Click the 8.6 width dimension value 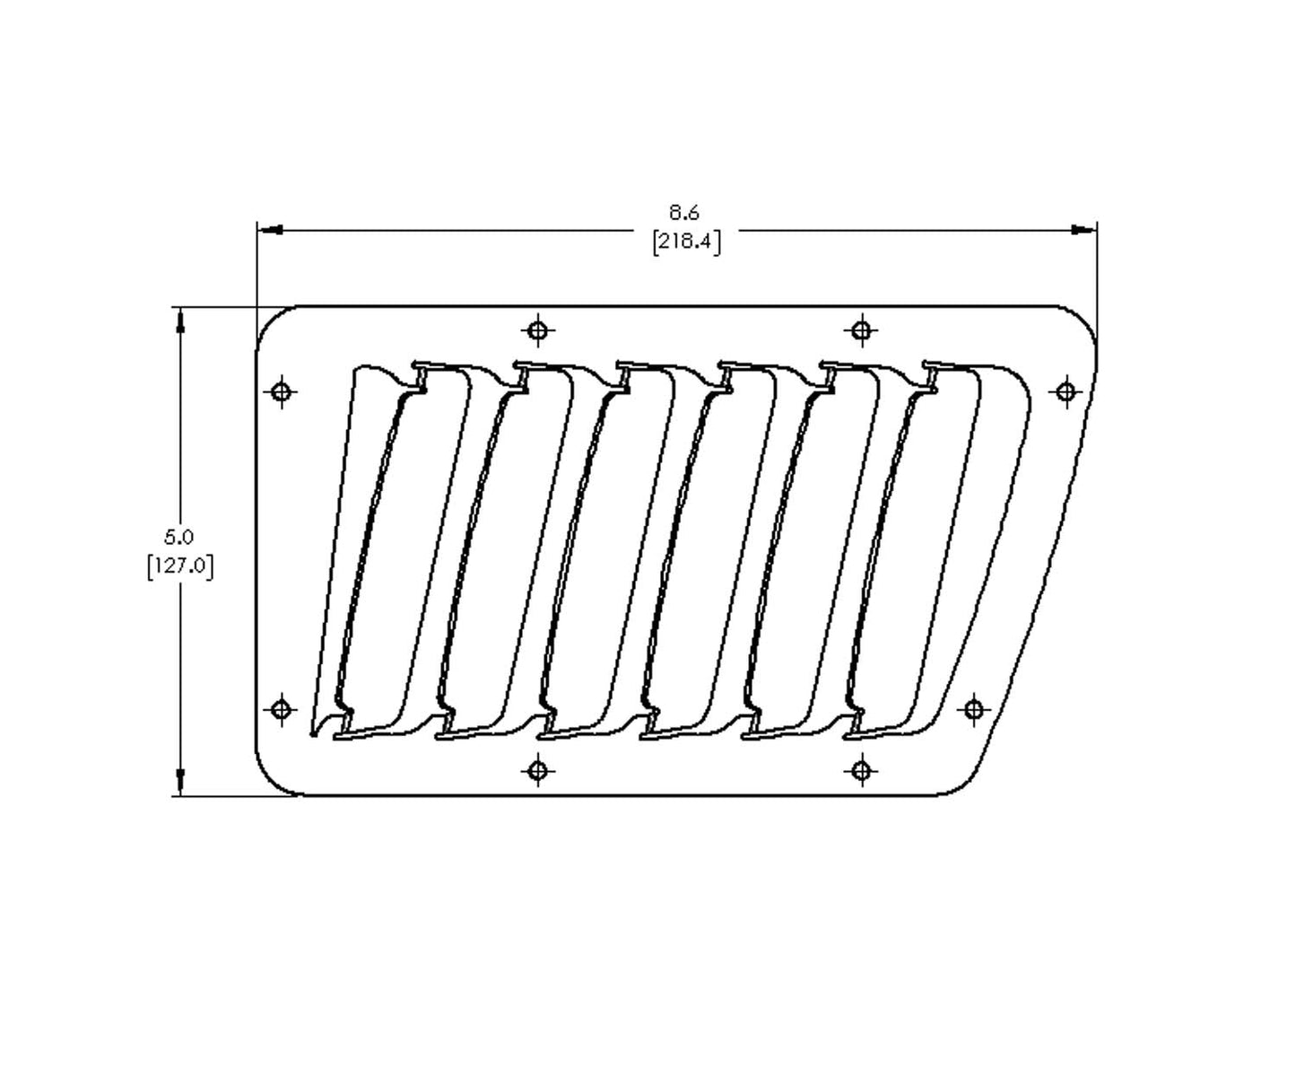[x=683, y=214]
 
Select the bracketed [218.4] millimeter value [x=686, y=241]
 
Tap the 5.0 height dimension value [x=178, y=538]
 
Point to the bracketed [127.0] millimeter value [x=180, y=567]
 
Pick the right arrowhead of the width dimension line [x=1083, y=230]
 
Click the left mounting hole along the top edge [x=537, y=331]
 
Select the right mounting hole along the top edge [x=862, y=331]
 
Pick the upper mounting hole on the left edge [x=282, y=391]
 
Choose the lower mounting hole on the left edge [x=282, y=709]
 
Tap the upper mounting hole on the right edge [x=1066, y=391]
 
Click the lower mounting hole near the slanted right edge [x=975, y=709]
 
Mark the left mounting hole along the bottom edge [x=537, y=770]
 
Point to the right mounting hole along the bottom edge [x=862, y=770]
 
